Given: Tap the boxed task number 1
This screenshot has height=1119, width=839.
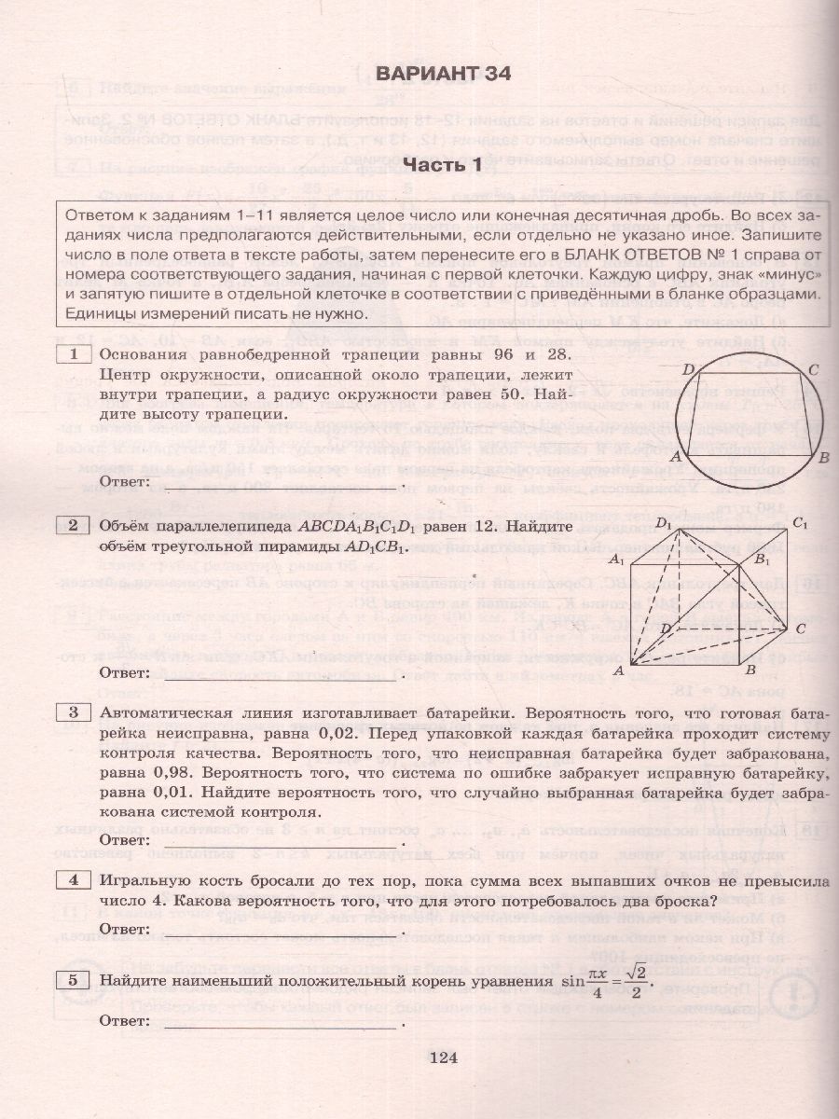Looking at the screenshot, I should [x=73, y=355].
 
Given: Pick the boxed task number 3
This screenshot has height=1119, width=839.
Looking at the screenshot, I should [x=73, y=714].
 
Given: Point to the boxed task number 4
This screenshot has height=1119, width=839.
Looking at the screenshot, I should [x=73, y=879].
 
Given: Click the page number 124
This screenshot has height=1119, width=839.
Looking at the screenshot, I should [x=444, y=1057].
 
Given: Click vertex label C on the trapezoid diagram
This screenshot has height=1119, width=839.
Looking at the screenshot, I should [x=813, y=371].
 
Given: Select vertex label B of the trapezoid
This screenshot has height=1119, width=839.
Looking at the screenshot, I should [x=822, y=458].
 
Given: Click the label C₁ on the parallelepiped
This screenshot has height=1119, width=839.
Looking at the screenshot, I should [x=799, y=522].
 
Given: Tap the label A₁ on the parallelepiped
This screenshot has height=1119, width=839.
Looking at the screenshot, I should [x=615, y=560].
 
